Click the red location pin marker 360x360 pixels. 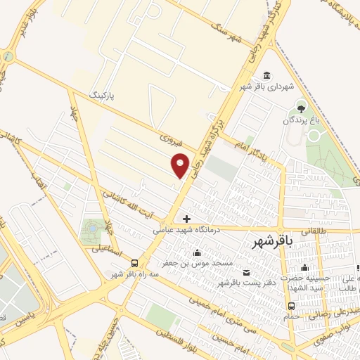[181, 165]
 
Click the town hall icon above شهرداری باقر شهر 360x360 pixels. [267, 76]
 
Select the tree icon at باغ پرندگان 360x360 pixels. [302, 108]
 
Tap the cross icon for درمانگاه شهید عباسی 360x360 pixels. [186, 219]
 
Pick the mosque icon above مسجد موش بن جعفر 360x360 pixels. [197, 252]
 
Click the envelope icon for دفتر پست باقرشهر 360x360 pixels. [245, 272]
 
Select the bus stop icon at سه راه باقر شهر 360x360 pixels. [134, 263]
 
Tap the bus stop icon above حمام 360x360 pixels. [292, 305]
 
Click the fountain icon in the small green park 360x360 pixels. [91, 229]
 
